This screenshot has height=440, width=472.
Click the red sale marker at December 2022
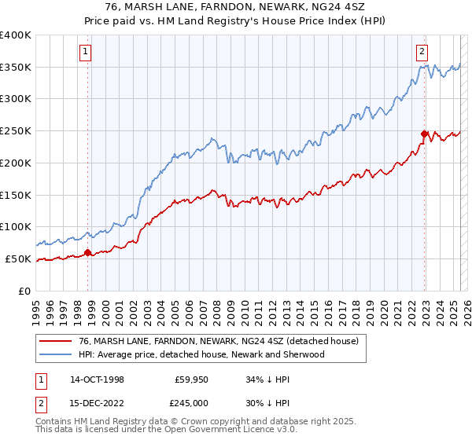[x=424, y=134]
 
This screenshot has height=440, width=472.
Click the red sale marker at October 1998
[x=87, y=252]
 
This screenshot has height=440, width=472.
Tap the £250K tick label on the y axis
[x=16, y=130]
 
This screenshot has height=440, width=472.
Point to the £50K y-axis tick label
[x=19, y=258]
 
